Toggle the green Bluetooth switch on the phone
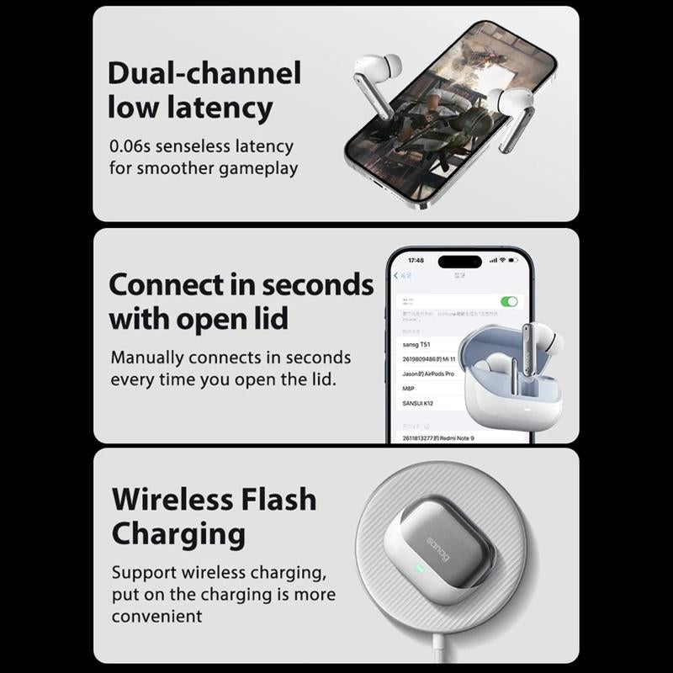click(509, 301)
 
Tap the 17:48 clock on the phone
click(416, 261)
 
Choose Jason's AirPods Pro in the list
click(428, 374)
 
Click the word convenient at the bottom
click(157, 616)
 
